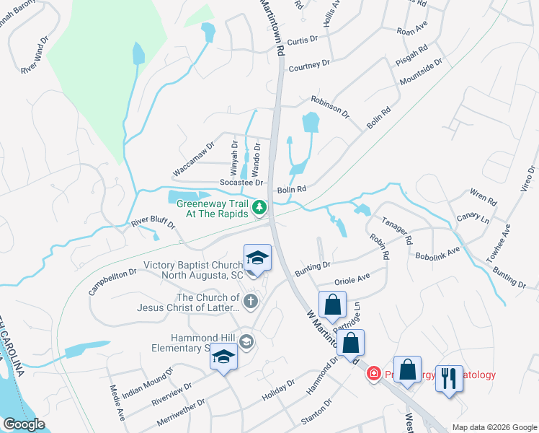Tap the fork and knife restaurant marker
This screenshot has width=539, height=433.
click(450, 377)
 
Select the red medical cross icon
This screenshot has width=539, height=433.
click(373, 374)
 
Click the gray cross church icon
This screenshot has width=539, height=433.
click(251, 301)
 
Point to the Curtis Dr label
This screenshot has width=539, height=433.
click(303, 41)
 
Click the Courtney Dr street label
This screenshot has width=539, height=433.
click(308, 65)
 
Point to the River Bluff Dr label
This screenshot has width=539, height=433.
click(153, 224)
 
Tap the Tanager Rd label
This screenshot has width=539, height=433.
click(396, 229)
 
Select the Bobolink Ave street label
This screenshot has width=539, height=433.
click(437, 253)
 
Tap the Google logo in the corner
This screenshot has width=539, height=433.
click(24, 424)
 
